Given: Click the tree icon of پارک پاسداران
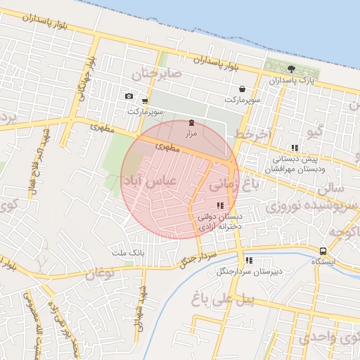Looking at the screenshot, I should (292, 69).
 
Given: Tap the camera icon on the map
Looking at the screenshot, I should (128, 96).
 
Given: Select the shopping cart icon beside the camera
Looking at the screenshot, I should (145, 101).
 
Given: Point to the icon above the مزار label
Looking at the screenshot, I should (191, 122).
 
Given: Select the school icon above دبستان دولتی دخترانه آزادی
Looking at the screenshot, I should (221, 205).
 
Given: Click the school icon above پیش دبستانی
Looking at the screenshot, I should (295, 148).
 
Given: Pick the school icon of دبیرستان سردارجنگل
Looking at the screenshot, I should (249, 259).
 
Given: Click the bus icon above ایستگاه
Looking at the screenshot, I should (323, 251).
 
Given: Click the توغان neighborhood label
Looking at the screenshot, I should (98, 272).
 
